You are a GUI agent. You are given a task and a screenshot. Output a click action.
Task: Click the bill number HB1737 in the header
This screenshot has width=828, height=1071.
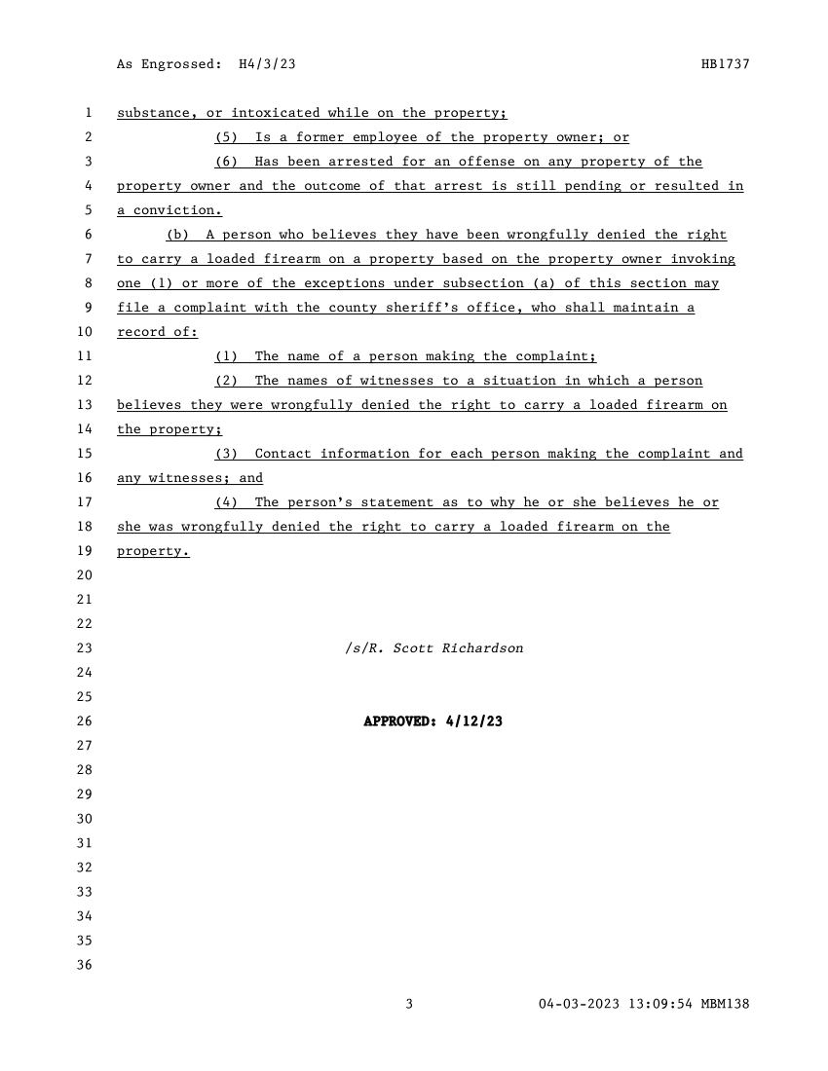point(725,64)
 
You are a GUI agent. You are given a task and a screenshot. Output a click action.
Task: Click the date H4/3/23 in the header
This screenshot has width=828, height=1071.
point(267,64)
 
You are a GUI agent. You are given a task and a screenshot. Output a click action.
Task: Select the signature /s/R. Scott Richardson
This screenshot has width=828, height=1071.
point(433,648)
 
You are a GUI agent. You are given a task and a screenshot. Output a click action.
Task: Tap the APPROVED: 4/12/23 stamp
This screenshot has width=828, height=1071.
point(433,721)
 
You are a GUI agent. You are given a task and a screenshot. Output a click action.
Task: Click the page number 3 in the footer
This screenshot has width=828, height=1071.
point(410,1004)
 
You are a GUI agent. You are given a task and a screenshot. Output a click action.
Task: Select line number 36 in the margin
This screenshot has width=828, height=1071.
point(84,965)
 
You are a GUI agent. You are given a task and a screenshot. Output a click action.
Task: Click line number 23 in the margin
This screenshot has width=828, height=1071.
point(84,648)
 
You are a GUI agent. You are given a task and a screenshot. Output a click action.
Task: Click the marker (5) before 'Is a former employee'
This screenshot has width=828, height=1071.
point(226,137)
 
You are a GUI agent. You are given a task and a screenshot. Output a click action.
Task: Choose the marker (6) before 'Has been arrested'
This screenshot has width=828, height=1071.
point(226,162)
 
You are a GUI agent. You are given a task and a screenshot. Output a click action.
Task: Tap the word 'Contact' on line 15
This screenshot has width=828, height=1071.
point(282,454)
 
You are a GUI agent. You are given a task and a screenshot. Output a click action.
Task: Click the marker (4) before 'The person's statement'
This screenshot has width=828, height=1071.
point(226,502)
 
